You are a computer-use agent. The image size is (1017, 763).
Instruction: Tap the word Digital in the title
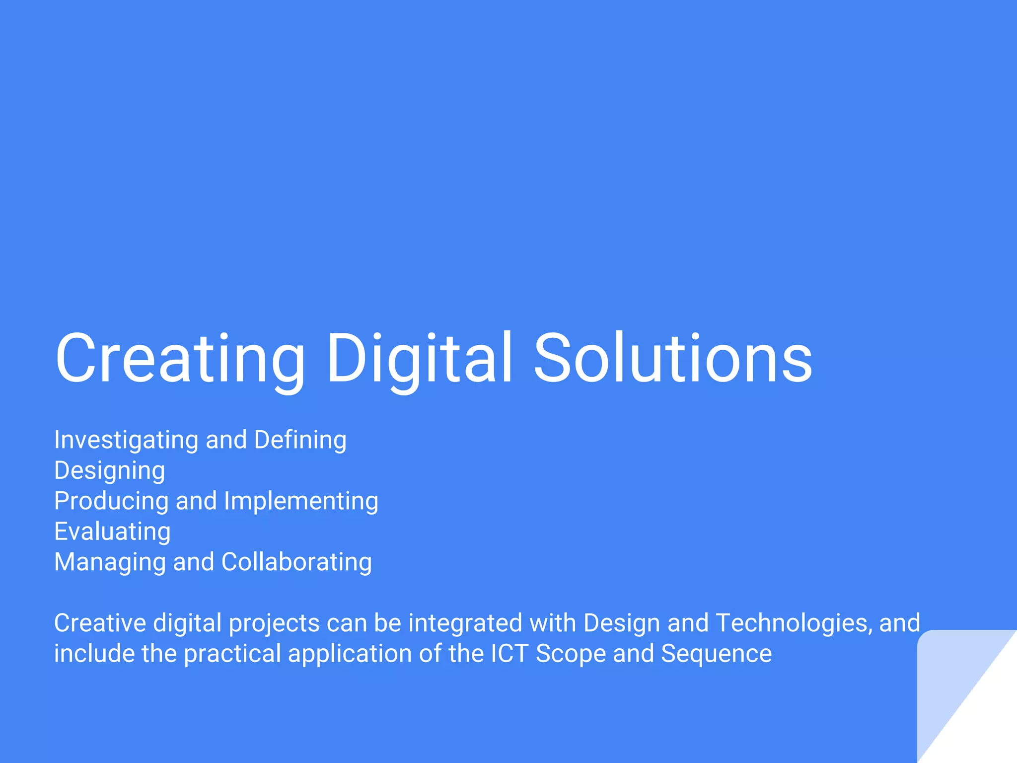point(419,359)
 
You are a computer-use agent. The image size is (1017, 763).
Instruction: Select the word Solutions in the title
point(673,359)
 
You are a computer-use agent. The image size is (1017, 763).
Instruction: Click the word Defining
point(300,440)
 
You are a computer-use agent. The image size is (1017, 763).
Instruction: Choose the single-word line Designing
point(109,471)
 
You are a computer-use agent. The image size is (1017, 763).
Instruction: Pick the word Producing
point(111,501)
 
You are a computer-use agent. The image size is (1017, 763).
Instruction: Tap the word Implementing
point(301,501)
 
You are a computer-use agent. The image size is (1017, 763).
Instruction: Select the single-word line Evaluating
point(112,532)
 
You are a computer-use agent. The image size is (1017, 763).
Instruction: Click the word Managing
point(110,562)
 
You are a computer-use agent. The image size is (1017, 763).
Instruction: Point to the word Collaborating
point(296,562)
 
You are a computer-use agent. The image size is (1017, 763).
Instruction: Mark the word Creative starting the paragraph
point(100,623)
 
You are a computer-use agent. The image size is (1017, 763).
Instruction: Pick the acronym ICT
point(509,654)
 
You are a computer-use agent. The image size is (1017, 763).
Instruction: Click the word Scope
point(571,654)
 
